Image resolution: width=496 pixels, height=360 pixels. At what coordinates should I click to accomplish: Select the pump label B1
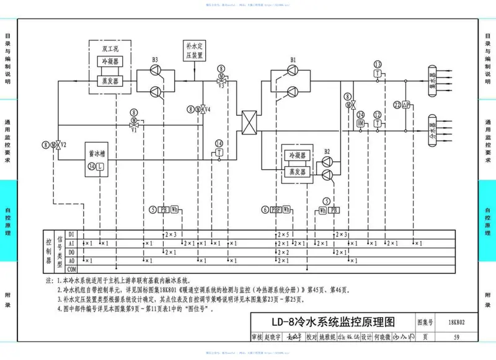(x=293, y=59)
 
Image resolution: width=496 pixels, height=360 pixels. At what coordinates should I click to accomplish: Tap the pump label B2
(x=328, y=151)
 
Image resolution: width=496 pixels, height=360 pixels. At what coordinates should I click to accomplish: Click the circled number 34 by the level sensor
(x=91, y=166)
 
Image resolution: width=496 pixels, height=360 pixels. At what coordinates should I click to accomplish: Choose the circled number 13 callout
(x=377, y=64)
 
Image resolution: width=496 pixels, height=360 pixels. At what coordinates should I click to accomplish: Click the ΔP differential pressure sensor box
(x=406, y=105)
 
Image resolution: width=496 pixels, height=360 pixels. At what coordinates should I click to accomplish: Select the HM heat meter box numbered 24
(x=360, y=124)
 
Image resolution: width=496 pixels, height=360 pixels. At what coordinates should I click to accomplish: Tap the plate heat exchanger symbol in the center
(x=249, y=120)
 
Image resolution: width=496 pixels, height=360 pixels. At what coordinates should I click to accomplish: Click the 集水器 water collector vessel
(x=433, y=81)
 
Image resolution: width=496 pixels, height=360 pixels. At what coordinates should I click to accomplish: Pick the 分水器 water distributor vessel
(x=433, y=129)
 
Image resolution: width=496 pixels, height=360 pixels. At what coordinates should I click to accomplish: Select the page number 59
(x=456, y=338)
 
